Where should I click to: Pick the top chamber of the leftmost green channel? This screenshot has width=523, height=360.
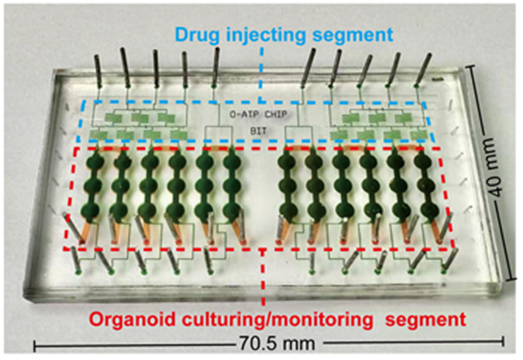94,163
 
